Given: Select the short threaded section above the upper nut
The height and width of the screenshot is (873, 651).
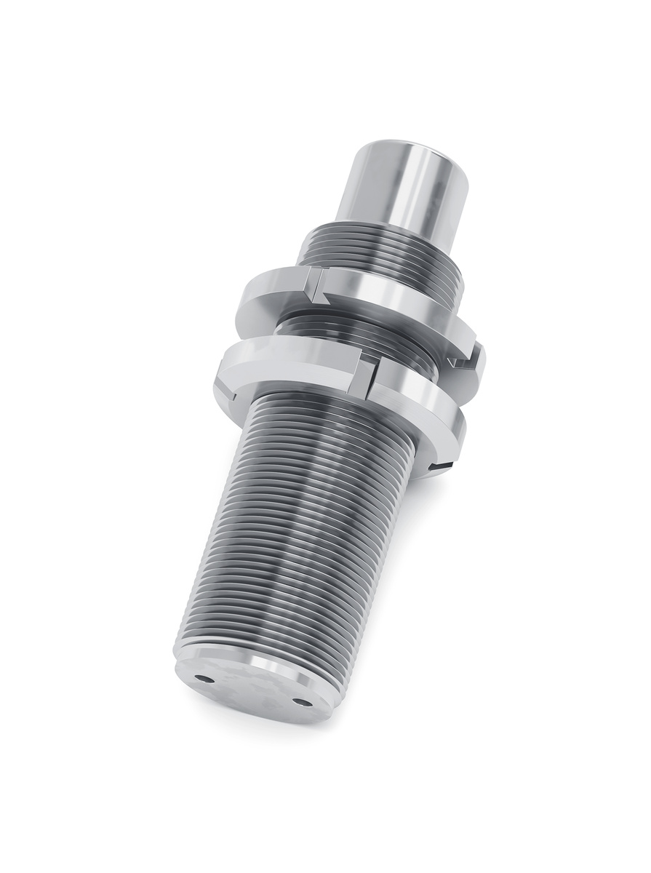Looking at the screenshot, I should click(378, 251).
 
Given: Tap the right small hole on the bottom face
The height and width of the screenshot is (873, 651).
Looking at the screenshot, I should click(300, 701).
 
